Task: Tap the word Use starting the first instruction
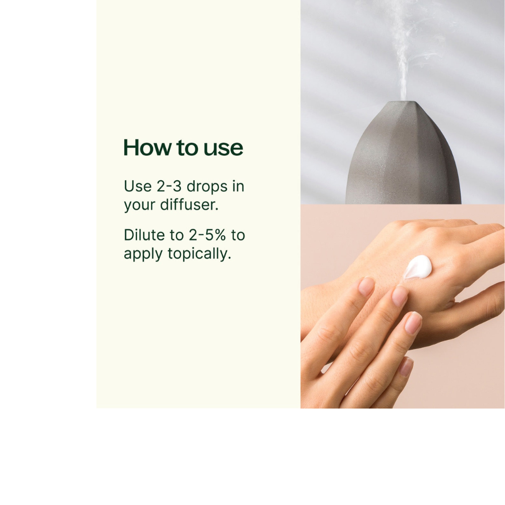[137, 186]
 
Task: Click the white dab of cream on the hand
[418, 267]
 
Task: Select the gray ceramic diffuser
[403, 157]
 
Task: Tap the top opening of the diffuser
[402, 103]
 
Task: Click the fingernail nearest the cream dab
[400, 296]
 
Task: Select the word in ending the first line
[238, 186]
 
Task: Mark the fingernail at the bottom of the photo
[406, 366]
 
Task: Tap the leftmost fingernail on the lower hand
[367, 287]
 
